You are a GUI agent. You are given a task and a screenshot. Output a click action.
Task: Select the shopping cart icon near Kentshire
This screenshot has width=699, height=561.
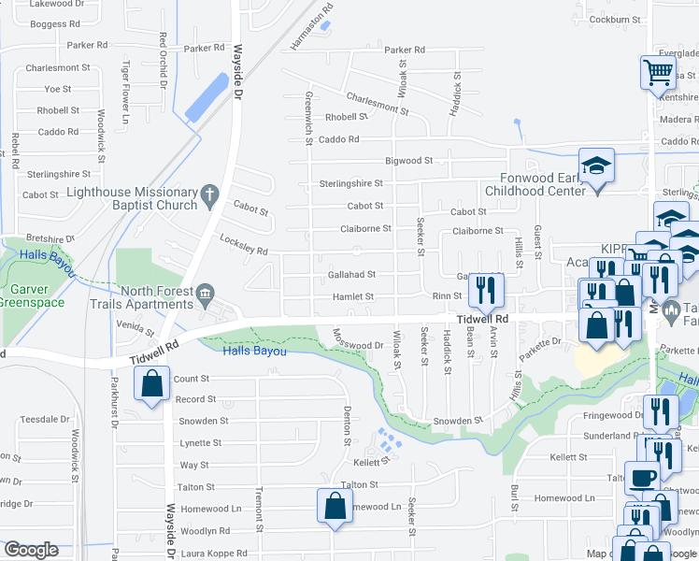(659, 71)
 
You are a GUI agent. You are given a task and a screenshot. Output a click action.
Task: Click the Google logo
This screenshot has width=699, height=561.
(31, 550)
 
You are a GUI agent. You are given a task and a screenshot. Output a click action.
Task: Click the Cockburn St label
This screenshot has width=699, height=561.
(616, 19)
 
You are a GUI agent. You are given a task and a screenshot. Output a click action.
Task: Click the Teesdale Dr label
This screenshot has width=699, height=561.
(38, 420)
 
